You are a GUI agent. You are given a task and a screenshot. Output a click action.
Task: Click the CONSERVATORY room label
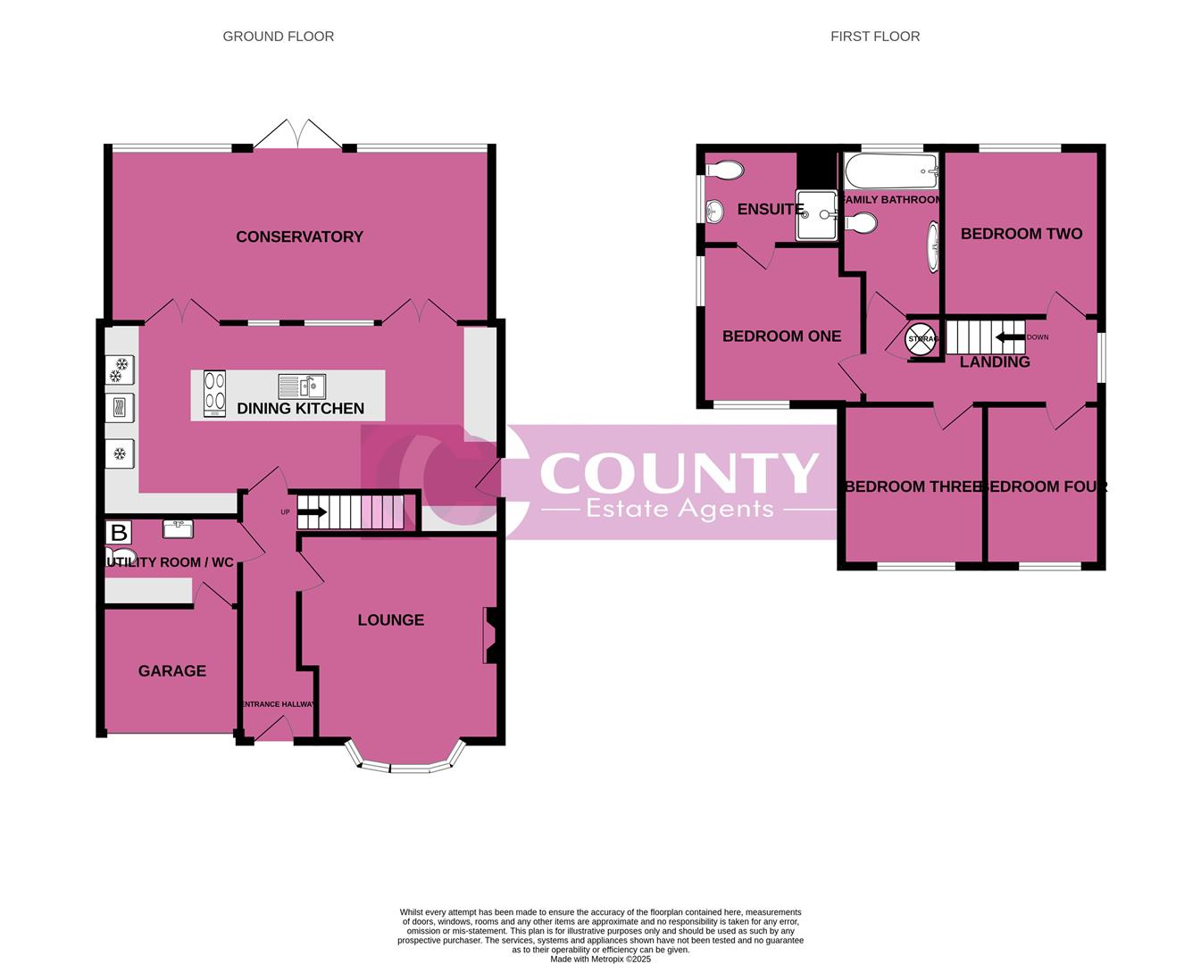299,237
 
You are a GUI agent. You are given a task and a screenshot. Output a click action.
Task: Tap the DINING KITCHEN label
300,409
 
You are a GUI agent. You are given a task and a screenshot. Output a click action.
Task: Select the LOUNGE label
390,620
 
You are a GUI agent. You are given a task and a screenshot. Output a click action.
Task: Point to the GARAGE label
171,671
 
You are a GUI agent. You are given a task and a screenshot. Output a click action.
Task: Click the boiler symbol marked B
118,534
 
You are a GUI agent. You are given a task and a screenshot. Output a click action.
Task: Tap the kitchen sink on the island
302,386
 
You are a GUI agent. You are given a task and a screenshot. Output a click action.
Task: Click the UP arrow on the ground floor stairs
312,512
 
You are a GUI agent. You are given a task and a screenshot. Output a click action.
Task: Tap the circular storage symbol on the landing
922,339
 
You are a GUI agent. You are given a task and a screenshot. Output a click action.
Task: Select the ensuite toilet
724,170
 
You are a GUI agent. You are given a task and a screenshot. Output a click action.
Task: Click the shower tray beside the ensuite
816,215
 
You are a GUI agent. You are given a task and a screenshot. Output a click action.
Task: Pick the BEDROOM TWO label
1021,234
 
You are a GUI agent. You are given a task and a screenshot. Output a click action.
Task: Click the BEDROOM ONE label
781,337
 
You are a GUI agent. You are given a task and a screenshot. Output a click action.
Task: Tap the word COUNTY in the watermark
679,473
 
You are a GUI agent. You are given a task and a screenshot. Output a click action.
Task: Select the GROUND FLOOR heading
279,37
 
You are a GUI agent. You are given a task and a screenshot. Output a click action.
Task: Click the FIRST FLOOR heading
875,37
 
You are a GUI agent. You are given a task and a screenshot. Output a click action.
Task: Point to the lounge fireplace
490,636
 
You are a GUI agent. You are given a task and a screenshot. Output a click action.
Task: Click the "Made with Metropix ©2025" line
600,960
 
